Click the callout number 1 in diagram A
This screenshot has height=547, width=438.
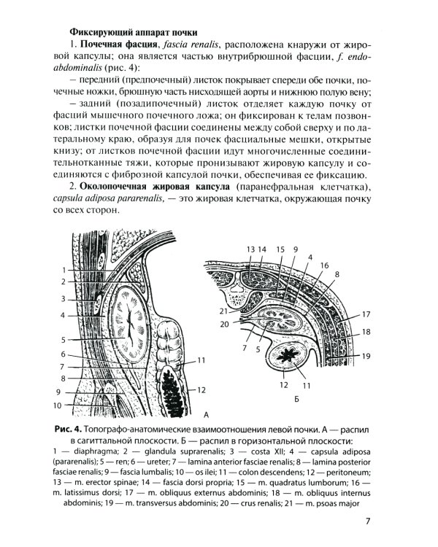[64, 270]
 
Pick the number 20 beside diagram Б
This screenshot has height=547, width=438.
[226, 324]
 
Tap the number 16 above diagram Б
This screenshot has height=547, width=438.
[324, 265]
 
